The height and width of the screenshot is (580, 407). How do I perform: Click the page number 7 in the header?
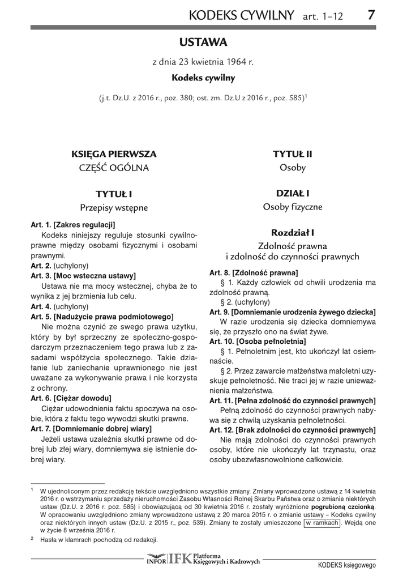pyautogui.click(x=370, y=15)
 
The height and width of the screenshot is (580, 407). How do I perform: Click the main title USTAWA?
pyautogui.click(x=203, y=42)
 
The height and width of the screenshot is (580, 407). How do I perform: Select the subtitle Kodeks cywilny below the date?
pyautogui.click(x=203, y=78)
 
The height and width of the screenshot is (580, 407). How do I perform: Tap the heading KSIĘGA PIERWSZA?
pyautogui.click(x=114, y=153)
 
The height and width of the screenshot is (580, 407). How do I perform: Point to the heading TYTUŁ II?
pyautogui.click(x=293, y=153)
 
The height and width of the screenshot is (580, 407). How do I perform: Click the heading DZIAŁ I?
pyautogui.click(x=293, y=193)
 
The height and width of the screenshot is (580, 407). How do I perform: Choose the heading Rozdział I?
pyautogui.click(x=293, y=232)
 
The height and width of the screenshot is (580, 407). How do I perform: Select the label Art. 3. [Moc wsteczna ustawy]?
pyautogui.click(x=83, y=276)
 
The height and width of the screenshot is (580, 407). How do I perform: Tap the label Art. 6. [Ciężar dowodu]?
pyautogui.click(x=71, y=398)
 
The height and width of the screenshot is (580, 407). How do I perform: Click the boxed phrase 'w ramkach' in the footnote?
pyautogui.click(x=322, y=523)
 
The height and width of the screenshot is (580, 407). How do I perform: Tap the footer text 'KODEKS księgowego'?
pyautogui.click(x=346, y=565)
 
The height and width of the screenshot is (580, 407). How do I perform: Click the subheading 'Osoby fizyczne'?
pyautogui.click(x=293, y=207)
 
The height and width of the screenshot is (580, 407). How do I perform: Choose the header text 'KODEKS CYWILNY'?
pyautogui.click(x=243, y=15)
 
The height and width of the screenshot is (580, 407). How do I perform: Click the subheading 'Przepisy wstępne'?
pyautogui.click(x=114, y=207)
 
